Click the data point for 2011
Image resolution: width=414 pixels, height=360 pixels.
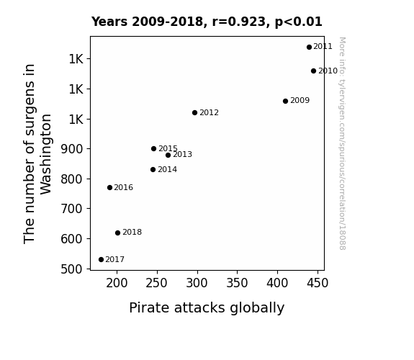[x=309, y=47]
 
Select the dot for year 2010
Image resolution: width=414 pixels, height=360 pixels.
[x=313, y=71]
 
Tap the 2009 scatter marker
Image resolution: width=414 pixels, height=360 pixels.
[x=285, y=101]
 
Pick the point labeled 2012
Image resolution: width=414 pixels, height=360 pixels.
[x=194, y=112]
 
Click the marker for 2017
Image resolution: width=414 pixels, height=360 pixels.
[x=101, y=259]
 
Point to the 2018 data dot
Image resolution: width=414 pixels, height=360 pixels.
[x=118, y=233]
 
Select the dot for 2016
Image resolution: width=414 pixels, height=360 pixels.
[x=110, y=187]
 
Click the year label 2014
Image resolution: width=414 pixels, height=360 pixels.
[x=167, y=169]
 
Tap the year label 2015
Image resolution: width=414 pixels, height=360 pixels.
[x=168, y=148]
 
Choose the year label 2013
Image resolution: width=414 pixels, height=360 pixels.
[x=182, y=154]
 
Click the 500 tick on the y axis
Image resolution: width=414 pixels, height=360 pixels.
[x=71, y=269]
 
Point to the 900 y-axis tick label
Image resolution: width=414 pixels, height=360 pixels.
[x=71, y=149]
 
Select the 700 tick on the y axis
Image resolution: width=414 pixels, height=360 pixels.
[x=71, y=209]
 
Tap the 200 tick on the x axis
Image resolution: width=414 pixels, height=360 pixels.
[x=117, y=283]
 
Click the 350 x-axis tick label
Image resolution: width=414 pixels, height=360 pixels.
[x=237, y=283]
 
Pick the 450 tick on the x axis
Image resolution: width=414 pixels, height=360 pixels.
[x=318, y=283]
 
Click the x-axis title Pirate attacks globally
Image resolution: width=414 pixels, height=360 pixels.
[x=207, y=307]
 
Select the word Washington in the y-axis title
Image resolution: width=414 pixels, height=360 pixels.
[x=46, y=154]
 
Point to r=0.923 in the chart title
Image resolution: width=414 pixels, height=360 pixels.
[x=239, y=22]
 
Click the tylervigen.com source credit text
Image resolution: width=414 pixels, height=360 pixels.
[x=342, y=143]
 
